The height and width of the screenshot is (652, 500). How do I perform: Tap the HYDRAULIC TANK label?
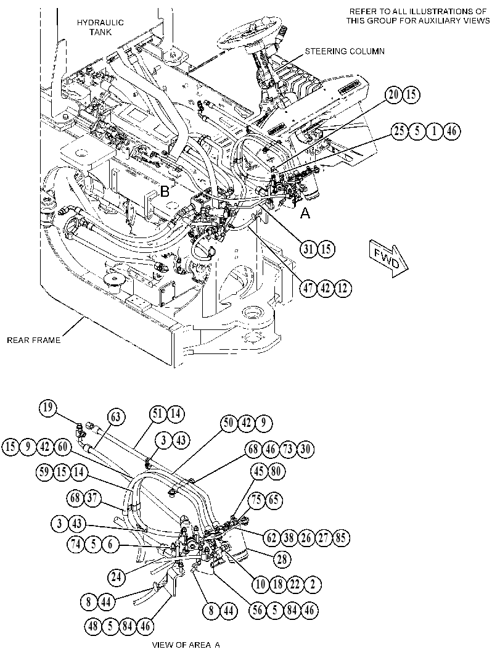click(100, 27)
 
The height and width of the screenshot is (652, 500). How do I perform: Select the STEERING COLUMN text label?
click(345, 52)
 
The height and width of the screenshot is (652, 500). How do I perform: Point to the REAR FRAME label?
click(34, 340)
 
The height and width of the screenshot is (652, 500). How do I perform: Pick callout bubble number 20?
click(393, 95)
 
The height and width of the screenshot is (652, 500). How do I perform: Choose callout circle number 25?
click(400, 131)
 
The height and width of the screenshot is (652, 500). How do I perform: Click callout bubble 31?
click(308, 249)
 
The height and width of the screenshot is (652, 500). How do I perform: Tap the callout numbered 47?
click(308, 288)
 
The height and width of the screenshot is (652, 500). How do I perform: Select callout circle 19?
click(48, 408)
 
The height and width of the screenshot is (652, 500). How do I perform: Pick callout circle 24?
click(117, 577)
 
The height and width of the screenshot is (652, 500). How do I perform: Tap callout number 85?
click(340, 538)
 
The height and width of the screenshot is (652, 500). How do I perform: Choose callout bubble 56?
click(257, 610)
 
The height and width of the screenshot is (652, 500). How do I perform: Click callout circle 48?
click(94, 625)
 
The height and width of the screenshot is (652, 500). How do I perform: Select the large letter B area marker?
click(165, 192)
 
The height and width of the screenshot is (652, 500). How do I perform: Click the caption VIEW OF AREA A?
click(186, 645)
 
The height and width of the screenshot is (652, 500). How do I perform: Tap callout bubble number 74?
click(76, 544)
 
